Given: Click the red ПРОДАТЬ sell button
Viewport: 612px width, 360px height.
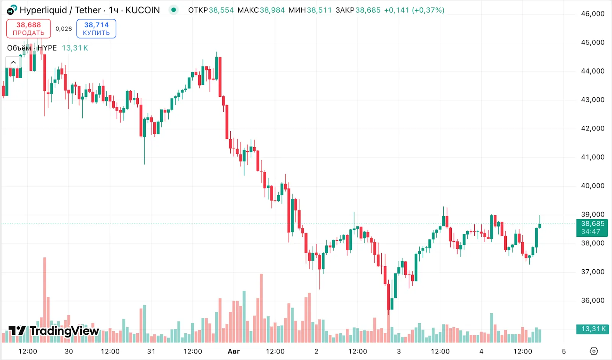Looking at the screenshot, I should pos(29,29).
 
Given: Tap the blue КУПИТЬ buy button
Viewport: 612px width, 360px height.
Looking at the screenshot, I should pos(96,29).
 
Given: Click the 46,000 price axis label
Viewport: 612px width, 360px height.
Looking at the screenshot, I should pos(592,14).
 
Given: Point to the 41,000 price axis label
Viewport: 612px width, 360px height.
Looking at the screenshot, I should pos(592,157).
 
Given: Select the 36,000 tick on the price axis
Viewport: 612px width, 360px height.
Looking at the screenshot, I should pos(592,301).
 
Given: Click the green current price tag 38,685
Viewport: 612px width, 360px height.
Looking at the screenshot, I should pos(592,228).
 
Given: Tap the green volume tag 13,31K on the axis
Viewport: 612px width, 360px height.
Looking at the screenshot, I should pos(592,329).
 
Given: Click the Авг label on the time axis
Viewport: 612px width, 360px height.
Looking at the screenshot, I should pos(234,351).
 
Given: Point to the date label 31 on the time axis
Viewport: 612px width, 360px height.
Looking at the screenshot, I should pos(151,351).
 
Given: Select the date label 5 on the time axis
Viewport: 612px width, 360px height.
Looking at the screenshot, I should pos(563,351).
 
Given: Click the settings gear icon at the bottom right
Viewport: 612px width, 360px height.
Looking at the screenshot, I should pos(594,351).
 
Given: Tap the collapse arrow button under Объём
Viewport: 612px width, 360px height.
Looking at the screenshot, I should pos(13,62).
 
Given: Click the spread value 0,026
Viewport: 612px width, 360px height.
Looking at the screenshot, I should pos(63,29).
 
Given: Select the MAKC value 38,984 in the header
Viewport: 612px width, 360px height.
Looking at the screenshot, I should pos(272,10).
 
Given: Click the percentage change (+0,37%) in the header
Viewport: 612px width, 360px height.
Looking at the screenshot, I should pos(428,10).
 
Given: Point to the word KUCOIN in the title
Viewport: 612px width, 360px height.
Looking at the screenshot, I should pos(143,10).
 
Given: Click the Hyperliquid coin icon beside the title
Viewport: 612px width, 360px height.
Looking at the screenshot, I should pos(12,10).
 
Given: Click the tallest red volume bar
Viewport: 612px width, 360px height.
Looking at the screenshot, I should pos(45,298).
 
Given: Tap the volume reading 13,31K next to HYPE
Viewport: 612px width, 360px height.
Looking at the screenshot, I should pos(75,48).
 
